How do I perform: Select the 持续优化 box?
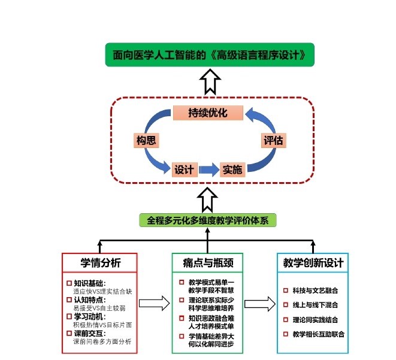(x=208, y=113)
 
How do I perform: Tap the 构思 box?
(x=146, y=141)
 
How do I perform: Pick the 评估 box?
(x=273, y=141)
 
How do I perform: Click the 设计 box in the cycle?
(x=183, y=170)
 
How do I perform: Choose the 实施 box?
(x=232, y=170)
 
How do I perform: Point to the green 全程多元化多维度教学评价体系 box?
(x=208, y=220)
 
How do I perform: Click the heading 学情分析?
(x=101, y=263)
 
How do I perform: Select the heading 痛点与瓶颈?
(x=208, y=263)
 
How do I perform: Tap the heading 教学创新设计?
(x=313, y=263)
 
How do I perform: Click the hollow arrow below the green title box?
(x=208, y=81)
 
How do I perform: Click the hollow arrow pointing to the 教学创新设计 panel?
(x=259, y=304)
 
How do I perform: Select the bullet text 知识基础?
(x=89, y=283)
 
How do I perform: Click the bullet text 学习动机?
(x=89, y=316)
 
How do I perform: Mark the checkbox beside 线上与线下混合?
(x=286, y=305)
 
